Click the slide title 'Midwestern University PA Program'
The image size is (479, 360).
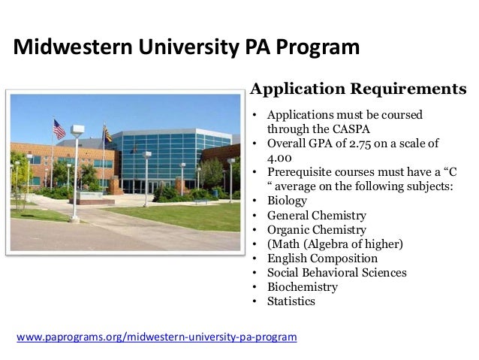pyautogui.click(x=186, y=49)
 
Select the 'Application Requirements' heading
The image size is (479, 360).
pyautogui.click(x=358, y=89)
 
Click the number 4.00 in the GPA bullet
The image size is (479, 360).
pyautogui.click(x=282, y=158)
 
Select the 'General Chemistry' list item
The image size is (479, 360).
pyautogui.click(x=317, y=215)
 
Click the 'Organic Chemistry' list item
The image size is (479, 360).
pyautogui.click(x=317, y=230)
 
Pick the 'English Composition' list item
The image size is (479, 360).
pyautogui.click(x=323, y=259)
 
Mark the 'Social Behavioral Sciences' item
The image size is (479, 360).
pyautogui.click(x=337, y=273)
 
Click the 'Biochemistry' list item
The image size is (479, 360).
pyautogui.click(x=303, y=287)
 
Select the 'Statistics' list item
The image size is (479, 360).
pyautogui.click(x=291, y=301)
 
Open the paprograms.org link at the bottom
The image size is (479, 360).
pyautogui.click(x=156, y=337)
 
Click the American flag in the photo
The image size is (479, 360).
pyautogui.click(x=59, y=129)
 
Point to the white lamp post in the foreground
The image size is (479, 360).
pyautogui.click(x=76, y=173)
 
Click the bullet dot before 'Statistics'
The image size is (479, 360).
pyautogui.click(x=255, y=302)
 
